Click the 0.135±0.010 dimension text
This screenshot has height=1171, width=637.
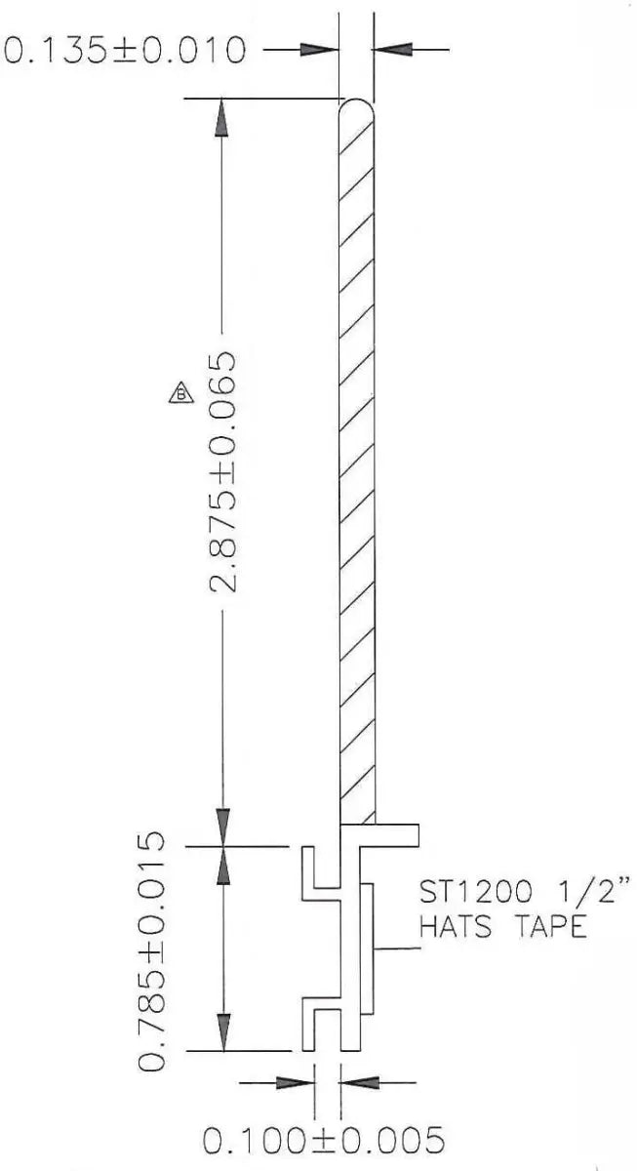click(124, 49)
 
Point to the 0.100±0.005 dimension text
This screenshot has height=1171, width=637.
click(323, 1140)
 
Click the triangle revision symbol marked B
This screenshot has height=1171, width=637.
click(181, 393)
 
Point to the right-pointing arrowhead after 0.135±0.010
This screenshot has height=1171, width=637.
click(318, 48)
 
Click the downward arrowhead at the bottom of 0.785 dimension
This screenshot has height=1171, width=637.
click(223, 1032)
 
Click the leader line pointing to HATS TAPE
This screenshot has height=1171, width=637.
click(395, 949)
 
